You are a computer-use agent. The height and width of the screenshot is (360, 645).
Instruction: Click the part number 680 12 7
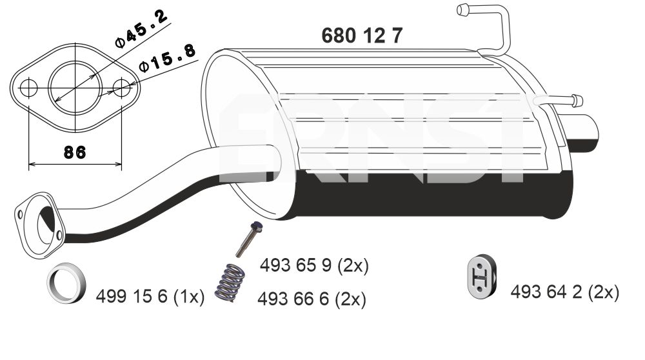[x=362, y=35]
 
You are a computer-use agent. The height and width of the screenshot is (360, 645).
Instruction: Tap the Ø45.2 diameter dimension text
[x=141, y=29]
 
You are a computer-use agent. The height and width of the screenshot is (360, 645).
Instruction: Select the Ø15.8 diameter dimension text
[x=167, y=58]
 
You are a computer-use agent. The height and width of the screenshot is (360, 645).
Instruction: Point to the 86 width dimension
[x=75, y=152]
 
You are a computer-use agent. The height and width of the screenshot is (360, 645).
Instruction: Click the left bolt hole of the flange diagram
[x=29, y=88]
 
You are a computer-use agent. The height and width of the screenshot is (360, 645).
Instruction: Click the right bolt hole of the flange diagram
[x=122, y=88]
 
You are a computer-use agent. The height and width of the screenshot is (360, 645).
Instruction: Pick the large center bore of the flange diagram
[x=75, y=88]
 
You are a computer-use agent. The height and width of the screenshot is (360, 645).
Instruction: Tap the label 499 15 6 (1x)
[x=150, y=296]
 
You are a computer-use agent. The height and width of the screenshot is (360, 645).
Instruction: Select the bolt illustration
[x=249, y=239]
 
